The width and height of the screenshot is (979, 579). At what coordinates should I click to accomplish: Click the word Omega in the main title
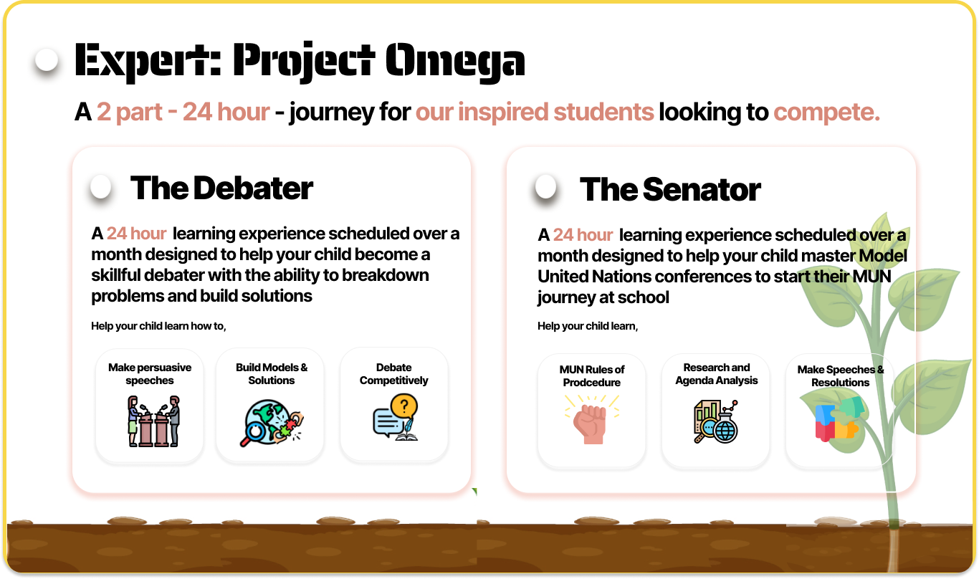coord(455,61)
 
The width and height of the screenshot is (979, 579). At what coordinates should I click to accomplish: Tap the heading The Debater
coord(221,188)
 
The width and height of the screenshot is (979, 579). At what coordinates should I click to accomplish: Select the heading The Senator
coord(670,190)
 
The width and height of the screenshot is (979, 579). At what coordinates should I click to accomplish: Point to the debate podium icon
coord(153,421)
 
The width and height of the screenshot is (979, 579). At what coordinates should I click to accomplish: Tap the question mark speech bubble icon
coord(395,417)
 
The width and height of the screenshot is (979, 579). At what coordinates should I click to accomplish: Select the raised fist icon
coord(591,419)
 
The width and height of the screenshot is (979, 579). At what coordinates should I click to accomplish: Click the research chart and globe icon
coord(715,421)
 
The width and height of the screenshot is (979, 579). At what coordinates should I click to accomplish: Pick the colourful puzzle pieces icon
coord(839,419)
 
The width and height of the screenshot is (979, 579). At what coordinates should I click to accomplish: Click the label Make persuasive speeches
coord(150,373)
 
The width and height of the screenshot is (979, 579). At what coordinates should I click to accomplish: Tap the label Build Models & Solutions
coord(272,373)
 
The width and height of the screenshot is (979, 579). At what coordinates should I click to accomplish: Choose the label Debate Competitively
coord(393,373)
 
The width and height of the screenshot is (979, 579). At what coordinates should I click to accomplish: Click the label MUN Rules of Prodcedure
coord(592,375)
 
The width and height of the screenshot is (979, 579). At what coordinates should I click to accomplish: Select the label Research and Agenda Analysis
coord(716,373)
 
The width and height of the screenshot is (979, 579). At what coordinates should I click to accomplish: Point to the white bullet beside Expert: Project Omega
coord(47,60)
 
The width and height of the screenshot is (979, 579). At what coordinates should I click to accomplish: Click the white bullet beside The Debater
coord(101,186)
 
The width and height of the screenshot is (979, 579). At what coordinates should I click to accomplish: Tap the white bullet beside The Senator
coord(546,186)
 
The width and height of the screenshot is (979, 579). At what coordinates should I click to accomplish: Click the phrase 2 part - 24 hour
coord(183,113)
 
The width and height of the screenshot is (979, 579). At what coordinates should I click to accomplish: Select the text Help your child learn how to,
coord(158,326)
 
